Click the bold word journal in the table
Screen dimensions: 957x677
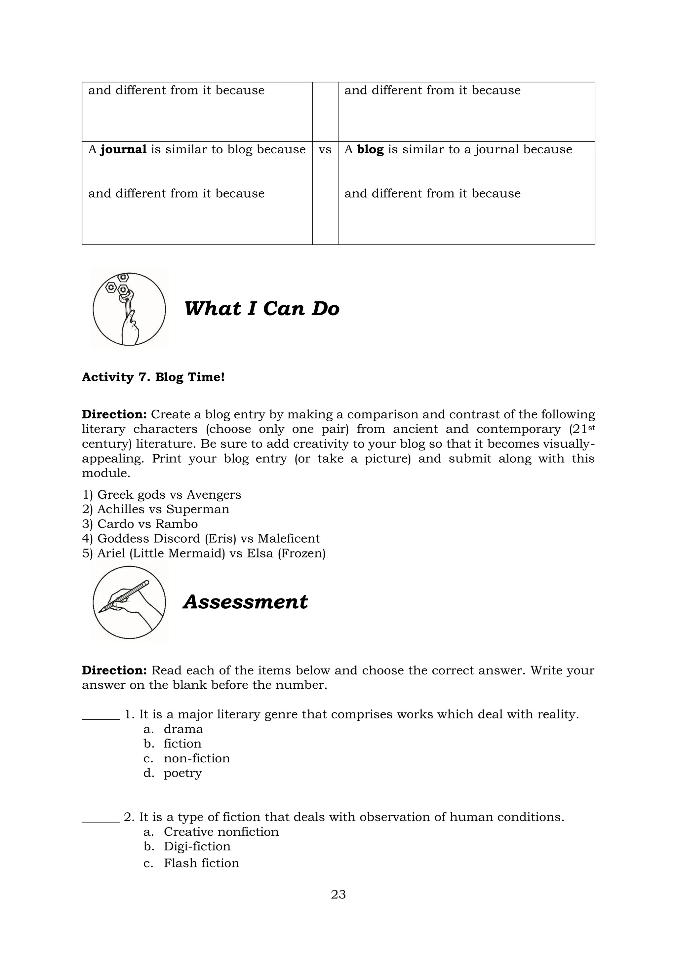(123, 150)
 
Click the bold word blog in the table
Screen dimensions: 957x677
(370, 150)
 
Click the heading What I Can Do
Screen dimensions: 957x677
(262, 309)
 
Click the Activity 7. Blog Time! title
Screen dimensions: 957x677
(153, 377)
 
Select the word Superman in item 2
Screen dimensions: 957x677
(198, 509)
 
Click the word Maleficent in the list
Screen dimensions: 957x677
(289, 539)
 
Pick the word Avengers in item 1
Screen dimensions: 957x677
(214, 495)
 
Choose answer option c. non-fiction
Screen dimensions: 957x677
(196, 758)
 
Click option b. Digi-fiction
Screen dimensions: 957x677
(197, 846)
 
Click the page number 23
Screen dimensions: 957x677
(338, 895)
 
